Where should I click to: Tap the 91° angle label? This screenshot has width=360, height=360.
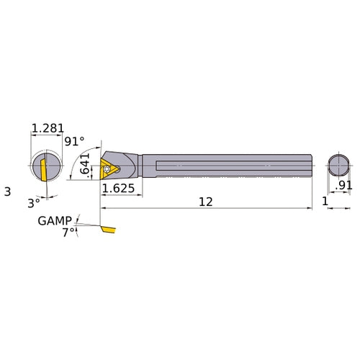tap(74, 142)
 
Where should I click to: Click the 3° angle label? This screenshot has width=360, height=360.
tap(34, 203)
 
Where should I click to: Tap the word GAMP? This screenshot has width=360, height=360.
tap(55, 220)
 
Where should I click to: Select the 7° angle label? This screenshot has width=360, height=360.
tap(68, 232)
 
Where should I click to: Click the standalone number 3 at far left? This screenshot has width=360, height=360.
tap(7, 192)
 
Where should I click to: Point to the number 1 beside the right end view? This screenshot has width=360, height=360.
tap(325, 204)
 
